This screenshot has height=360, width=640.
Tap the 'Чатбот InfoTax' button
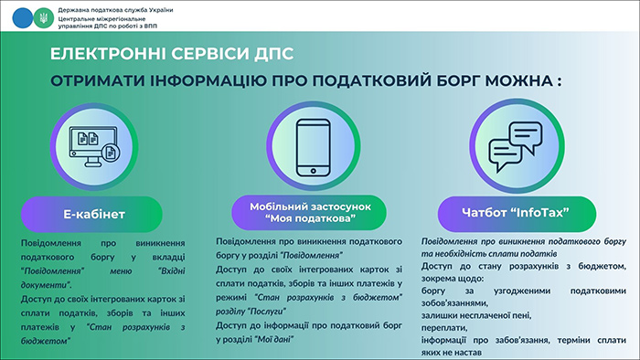516,214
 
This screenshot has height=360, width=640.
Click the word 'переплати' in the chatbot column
446,323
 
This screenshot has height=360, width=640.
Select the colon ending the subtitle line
560,80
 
